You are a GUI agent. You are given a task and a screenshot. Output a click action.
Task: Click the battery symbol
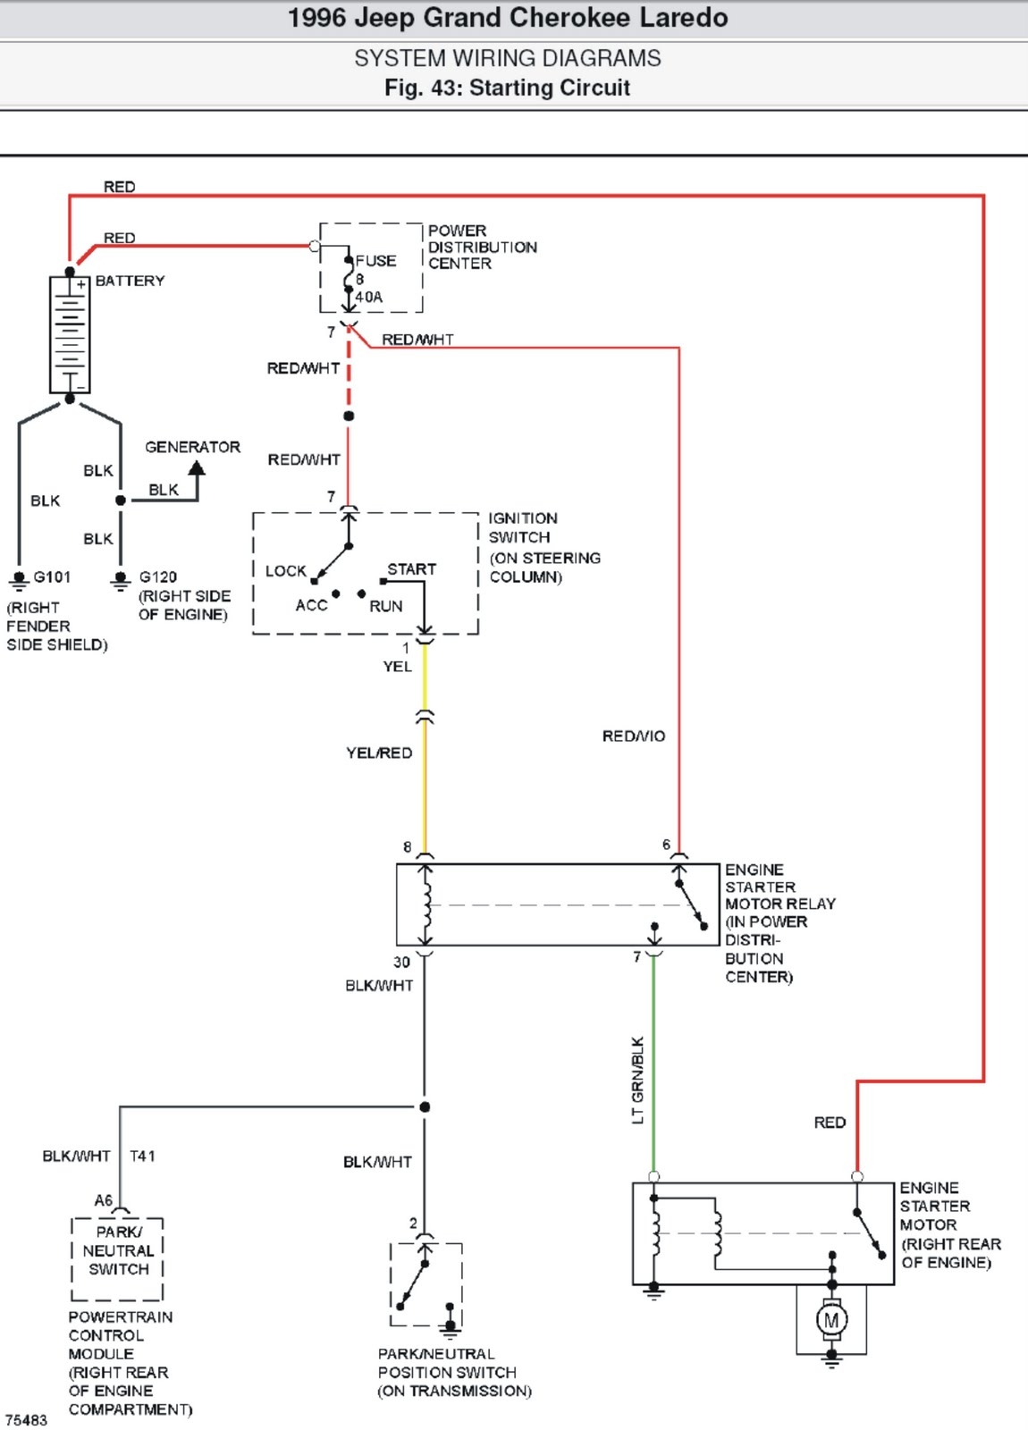point(70,335)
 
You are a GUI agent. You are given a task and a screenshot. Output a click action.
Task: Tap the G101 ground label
point(52,577)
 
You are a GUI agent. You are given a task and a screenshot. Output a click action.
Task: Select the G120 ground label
point(158,577)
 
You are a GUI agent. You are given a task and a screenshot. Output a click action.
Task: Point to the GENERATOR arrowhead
point(197,467)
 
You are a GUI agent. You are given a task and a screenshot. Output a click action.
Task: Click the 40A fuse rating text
point(369,297)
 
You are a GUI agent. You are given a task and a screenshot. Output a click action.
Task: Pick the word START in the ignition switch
point(411,569)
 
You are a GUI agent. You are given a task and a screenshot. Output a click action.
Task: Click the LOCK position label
point(285,571)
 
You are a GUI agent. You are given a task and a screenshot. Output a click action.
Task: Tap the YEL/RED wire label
point(379,753)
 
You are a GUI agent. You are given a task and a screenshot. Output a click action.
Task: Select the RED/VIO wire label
point(633,736)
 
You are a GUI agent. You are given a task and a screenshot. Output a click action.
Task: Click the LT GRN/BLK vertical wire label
point(637,1080)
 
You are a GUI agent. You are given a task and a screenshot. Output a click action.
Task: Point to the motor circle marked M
point(831,1320)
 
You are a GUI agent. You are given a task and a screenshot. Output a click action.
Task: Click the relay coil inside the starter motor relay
point(426,904)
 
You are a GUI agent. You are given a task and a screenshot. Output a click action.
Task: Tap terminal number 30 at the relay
point(401,963)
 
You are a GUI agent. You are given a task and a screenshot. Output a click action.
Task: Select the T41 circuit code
point(143,1157)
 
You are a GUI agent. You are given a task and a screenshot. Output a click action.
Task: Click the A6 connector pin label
point(104,1200)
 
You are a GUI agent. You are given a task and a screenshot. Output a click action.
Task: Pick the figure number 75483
point(26,1420)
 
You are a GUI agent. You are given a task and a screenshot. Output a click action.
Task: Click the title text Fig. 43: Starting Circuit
point(507,88)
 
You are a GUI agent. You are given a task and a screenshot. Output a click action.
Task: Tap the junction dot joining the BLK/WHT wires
point(425,1107)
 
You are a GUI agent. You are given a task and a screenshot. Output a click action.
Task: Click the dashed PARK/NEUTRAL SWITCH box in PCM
point(117,1258)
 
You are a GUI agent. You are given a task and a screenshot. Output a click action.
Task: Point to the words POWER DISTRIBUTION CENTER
point(482,247)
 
